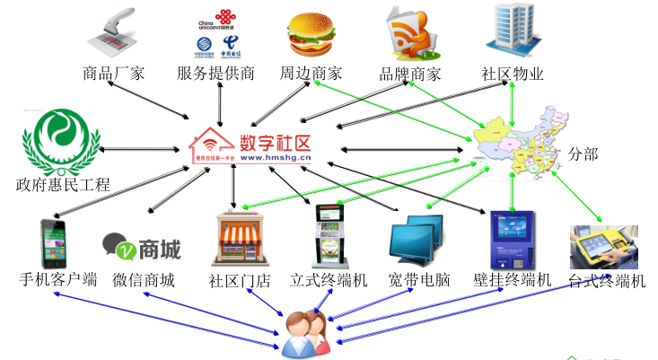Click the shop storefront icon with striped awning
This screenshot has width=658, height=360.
[240, 240]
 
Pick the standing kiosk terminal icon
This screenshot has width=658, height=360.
[329, 235]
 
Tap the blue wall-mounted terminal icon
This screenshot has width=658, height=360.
[512, 238]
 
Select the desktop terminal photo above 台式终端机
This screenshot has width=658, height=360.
[602, 247]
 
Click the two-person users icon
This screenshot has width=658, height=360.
[303, 333]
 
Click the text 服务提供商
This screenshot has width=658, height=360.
[215, 74]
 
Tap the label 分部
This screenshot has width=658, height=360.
[583, 154]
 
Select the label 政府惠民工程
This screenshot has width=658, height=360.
[63, 185]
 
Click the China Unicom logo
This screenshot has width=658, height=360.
[215, 20]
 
